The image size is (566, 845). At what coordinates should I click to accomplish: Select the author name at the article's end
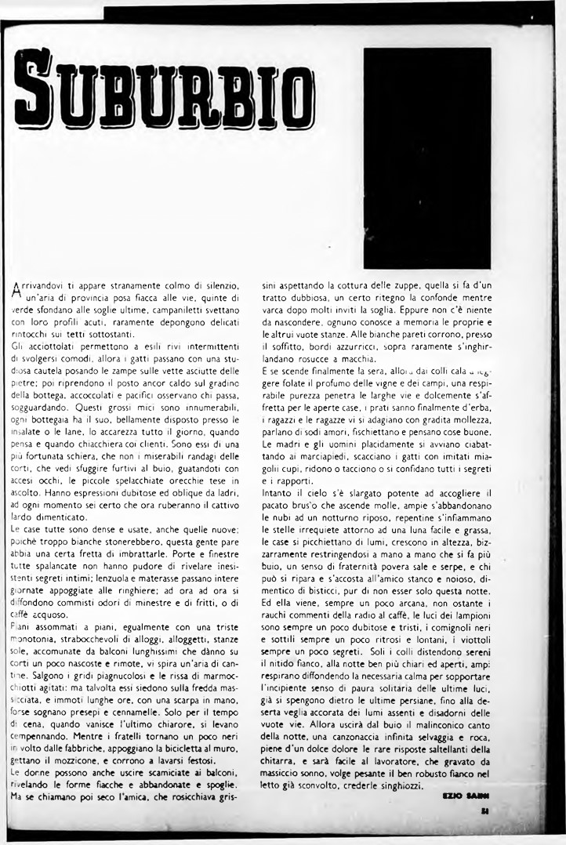pyautogui.click(x=466, y=796)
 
